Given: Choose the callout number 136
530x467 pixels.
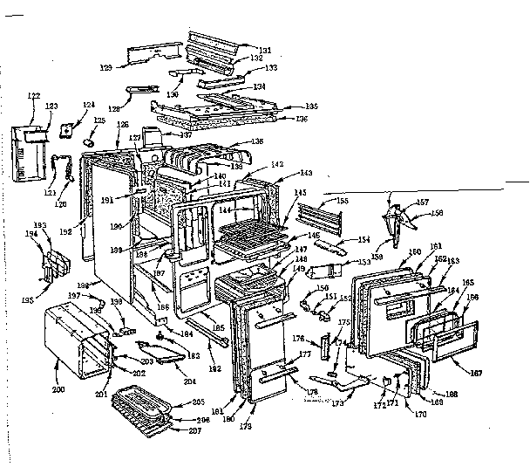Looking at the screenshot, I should click(x=302, y=119).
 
